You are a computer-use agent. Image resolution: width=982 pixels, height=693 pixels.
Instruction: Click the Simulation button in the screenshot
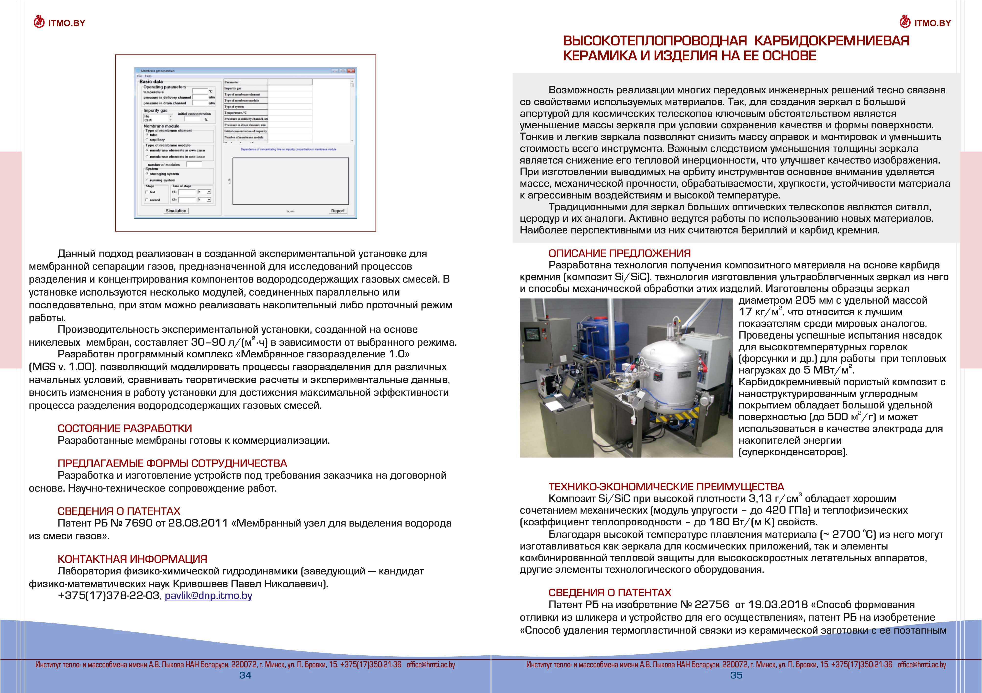(176, 211)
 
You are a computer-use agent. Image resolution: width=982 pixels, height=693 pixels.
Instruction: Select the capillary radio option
(147, 139)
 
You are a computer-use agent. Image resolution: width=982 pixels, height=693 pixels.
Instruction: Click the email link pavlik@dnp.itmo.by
(208, 595)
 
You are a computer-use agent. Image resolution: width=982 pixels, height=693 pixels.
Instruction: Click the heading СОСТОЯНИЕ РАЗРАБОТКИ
(124, 428)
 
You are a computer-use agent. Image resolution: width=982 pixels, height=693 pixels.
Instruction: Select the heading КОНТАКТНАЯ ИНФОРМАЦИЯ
(132, 559)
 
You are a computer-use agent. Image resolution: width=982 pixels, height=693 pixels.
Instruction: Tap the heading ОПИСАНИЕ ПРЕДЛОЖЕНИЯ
(620, 253)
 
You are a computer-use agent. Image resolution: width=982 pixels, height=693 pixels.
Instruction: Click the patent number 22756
(712, 605)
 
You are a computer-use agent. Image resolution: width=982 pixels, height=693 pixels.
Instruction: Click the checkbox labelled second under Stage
(147, 200)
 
